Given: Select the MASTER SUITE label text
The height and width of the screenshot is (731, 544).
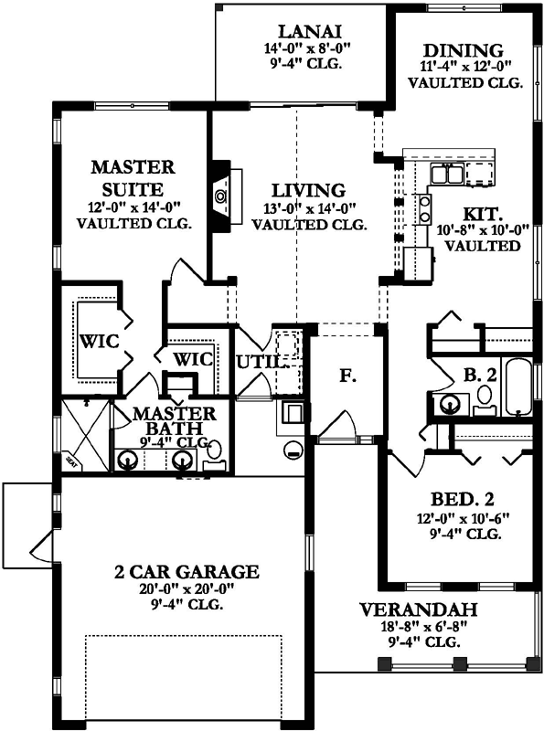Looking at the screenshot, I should (x=133, y=178).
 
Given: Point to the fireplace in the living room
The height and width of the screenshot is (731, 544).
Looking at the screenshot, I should (x=219, y=195).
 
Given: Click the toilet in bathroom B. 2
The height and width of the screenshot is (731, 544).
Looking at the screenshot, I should (x=484, y=398).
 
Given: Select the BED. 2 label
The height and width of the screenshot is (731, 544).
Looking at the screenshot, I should (x=463, y=499).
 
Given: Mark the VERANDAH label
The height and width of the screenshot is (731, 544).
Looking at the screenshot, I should (x=414, y=610).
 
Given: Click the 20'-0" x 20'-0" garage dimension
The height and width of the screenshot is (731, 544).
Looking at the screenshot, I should (x=187, y=589).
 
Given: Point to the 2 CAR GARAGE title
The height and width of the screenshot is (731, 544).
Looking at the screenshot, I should (x=187, y=572).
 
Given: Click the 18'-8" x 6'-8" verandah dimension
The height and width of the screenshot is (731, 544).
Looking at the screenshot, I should (x=414, y=628).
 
